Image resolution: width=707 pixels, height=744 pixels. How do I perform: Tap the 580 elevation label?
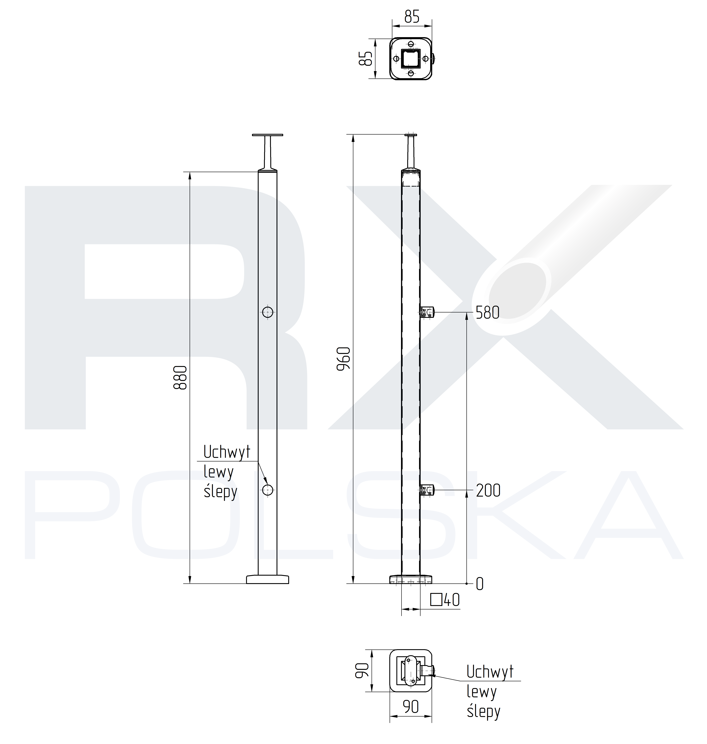(x=488, y=313)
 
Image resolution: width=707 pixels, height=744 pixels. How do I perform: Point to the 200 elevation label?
(x=488, y=491)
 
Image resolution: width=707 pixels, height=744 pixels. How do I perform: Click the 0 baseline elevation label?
(x=480, y=584)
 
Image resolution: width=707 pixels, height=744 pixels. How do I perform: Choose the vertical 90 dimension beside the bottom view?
(x=362, y=670)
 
